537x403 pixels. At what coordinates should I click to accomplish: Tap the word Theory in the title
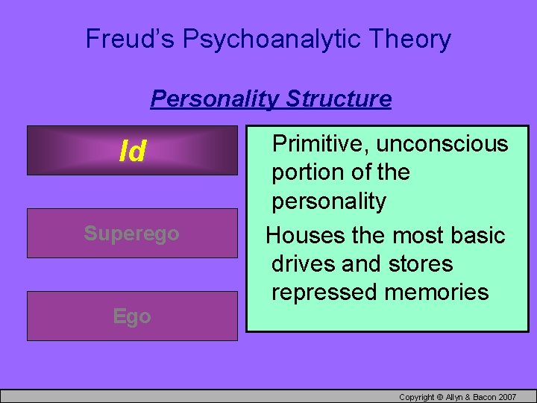(x=413, y=39)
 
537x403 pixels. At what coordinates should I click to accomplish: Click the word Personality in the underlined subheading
(x=215, y=99)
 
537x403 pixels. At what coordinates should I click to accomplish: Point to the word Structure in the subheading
(x=339, y=99)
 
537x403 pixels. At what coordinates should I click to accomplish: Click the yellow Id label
(x=133, y=151)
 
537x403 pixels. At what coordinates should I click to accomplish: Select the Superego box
(x=132, y=234)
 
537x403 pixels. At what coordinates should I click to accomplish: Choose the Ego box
(x=132, y=316)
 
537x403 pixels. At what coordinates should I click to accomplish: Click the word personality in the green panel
(x=329, y=201)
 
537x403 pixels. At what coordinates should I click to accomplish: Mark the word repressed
(x=324, y=292)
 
